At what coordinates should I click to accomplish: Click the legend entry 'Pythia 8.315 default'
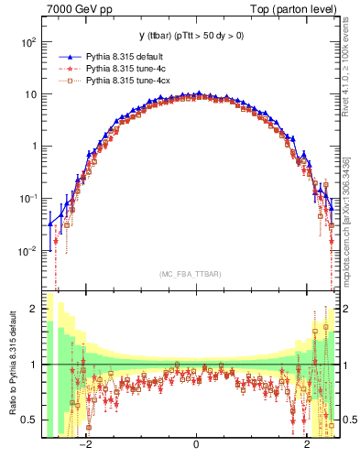tap(129, 56)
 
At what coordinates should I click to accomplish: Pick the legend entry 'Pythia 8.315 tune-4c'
tap(130, 68)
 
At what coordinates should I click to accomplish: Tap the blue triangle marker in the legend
tap(66, 56)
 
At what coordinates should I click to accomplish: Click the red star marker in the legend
tap(66, 68)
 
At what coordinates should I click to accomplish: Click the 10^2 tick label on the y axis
tap(28, 42)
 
